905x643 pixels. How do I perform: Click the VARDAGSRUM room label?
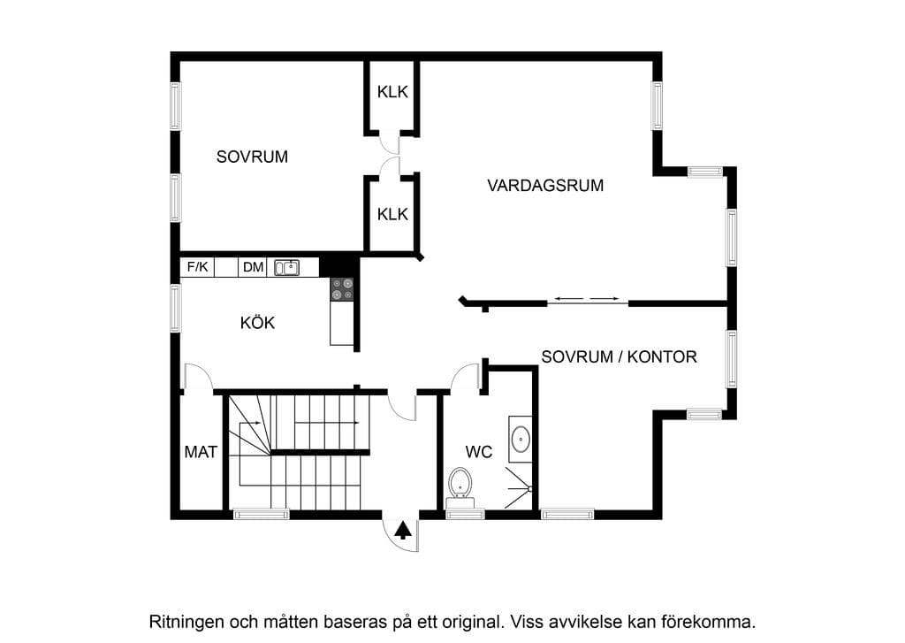coord(545,186)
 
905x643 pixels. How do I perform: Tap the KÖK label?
coord(257,322)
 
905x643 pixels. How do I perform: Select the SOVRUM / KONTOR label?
coord(619,356)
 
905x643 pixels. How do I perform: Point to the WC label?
coord(478,451)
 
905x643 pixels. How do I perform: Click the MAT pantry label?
coord(201,452)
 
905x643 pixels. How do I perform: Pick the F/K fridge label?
coord(197,266)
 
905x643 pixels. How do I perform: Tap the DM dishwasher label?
coord(253,267)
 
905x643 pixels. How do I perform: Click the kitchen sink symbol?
coord(286,267)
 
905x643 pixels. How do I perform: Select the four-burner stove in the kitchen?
coord(342,289)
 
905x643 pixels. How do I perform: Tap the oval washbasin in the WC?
coord(521,439)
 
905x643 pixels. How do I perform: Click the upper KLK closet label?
coord(392,92)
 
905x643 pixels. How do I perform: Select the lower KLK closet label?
coord(392,214)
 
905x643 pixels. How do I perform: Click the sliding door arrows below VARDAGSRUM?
coord(587,299)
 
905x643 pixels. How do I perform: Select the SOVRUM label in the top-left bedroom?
coord(252,157)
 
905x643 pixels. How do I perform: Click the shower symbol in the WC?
coord(518,489)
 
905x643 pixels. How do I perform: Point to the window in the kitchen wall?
coord(176,308)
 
